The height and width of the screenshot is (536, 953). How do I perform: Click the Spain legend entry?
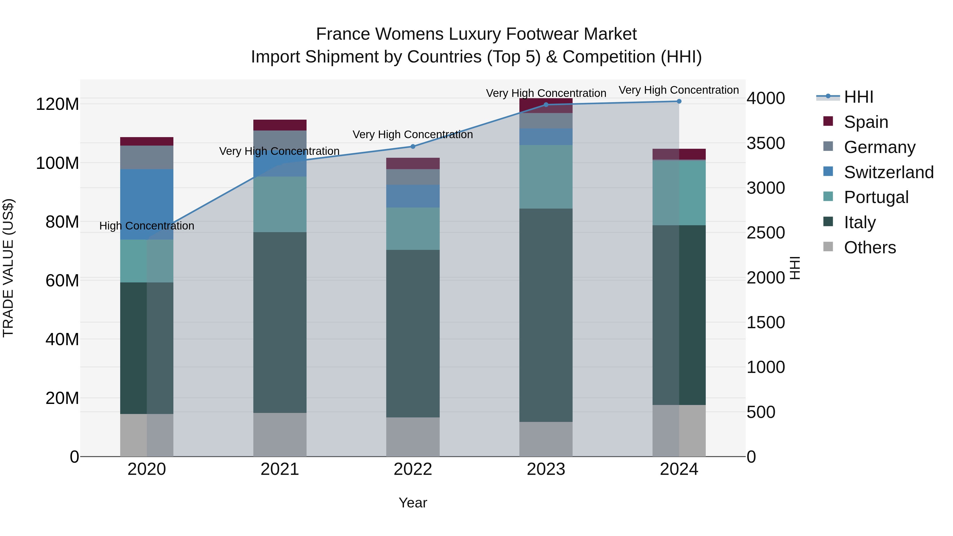pyautogui.click(x=865, y=122)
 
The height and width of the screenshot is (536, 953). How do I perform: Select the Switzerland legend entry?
pyautogui.click(x=888, y=172)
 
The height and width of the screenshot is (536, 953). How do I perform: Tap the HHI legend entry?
pyautogui.click(x=858, y=97)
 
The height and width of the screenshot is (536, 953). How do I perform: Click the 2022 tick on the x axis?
pyautogui.click(x=413, y=469)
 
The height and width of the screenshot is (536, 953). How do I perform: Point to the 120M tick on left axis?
pyautogui.click(x=57, y=104)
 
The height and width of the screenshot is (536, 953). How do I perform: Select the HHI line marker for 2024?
pyautogui.click(x=679, y=101)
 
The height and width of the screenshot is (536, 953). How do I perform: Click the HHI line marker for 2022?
pyautogui.click(x=413, y=146)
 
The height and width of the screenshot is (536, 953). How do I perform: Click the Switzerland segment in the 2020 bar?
pyautogui.click(x=147, y=204)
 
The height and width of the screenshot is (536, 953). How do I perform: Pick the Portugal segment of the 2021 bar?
pyautogui.click(x=280, y=204)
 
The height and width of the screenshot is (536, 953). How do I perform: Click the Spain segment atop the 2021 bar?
pyautogui.click(x=280, y=125)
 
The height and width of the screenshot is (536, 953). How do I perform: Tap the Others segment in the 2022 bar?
pyautogui.click(x=413, y=437)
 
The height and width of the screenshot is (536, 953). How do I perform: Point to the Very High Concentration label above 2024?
pyautogui.click(x=679, y=90)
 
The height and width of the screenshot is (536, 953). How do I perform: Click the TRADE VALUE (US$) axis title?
pyautogui.click(x=8, y=268)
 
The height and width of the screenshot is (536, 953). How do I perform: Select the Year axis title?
pyautogui.click(x=413, y=503)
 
